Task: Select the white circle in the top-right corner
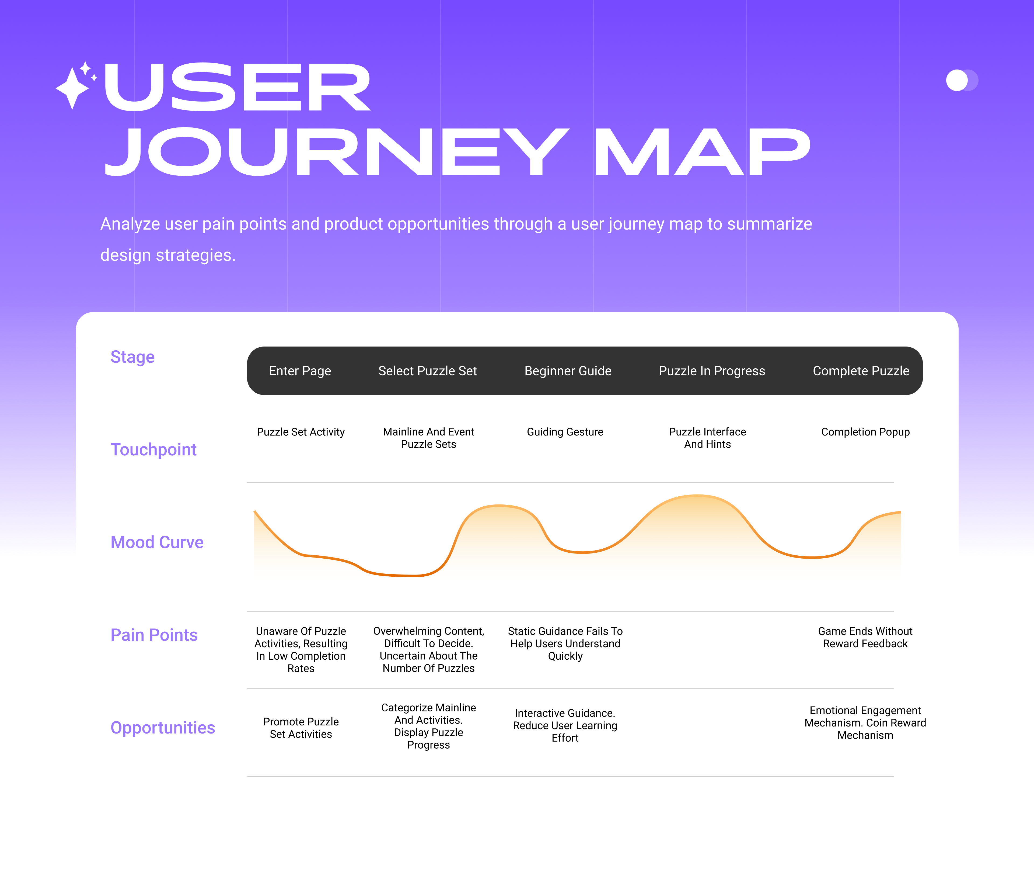tap(956, 80)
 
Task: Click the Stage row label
tap(132, 357)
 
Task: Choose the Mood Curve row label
tap(157, 542)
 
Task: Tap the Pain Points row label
tap(154, 635)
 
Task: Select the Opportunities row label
tap(163, 728)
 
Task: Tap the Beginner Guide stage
tap(568, 371)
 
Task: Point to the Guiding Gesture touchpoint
tap(565, 432)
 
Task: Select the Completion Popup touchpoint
tap(865, 432)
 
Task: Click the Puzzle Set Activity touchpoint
tap(300, 432)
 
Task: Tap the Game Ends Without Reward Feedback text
tap(865, 637)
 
